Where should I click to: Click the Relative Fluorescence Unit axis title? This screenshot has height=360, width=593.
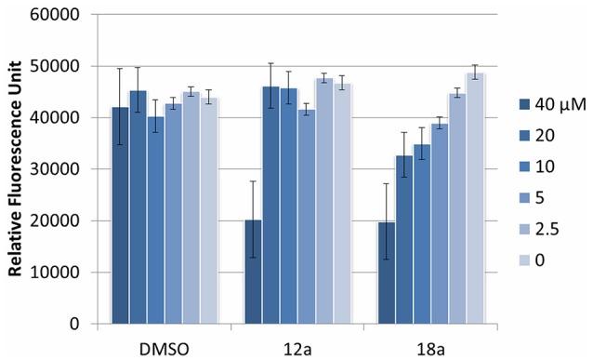click(x=16, y=169)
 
